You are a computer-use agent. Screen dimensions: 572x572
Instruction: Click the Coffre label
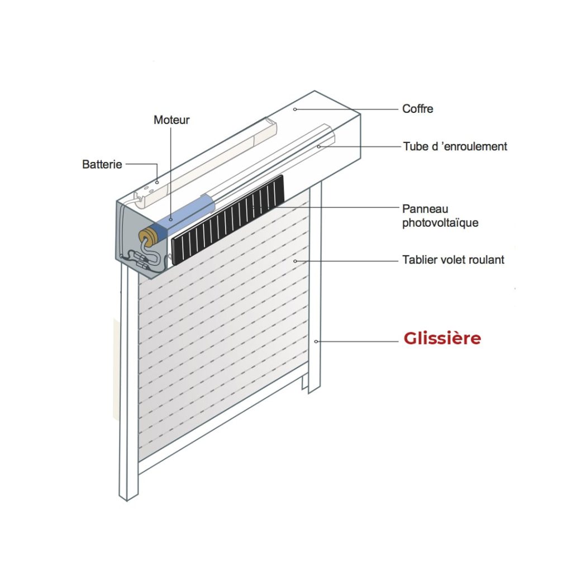pos(418,109)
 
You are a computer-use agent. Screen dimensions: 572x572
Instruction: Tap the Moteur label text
pos(171,120)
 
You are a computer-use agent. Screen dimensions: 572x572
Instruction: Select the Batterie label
pos(102,165)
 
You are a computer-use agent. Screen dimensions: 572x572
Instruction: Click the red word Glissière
pos(442,338)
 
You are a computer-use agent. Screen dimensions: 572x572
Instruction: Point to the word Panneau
pos(425,209)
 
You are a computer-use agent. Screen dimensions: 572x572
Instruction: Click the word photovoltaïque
pos(440,223)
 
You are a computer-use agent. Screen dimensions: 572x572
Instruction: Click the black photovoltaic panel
pos(228,220)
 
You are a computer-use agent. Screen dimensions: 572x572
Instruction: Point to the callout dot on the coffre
pos(295,109)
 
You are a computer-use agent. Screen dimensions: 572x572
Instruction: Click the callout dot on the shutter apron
pos(295,261)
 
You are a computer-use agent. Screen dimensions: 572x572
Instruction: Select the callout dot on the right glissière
pos(316,341)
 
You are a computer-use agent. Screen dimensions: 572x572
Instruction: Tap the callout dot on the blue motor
pos(171,220)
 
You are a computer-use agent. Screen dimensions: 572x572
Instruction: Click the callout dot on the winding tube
pos(318,147)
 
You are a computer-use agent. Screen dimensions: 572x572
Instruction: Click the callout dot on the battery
pos(157,182)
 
